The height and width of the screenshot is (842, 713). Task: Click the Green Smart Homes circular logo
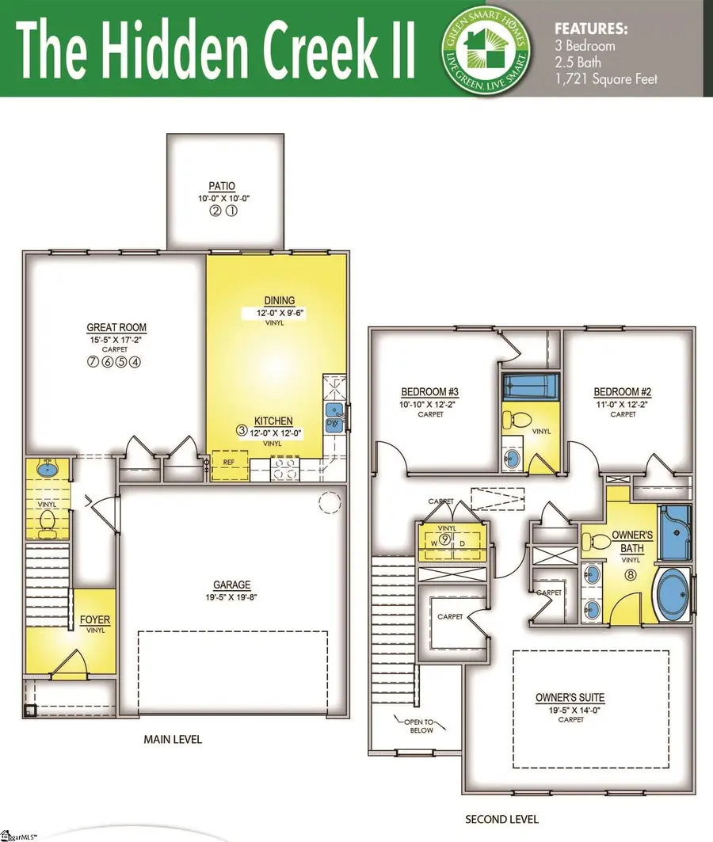pos(486,48)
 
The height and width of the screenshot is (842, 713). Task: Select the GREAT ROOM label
pos(116,327)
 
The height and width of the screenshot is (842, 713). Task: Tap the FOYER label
pos(94,619)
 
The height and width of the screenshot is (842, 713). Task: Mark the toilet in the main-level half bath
pos(48,520)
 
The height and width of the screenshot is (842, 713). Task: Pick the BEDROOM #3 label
pos(430,392)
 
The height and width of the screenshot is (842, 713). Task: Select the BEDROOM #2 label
pos(623,392)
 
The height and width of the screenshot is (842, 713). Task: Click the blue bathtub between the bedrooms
pos(531,387)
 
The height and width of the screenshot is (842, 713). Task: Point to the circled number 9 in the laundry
pos(447,539)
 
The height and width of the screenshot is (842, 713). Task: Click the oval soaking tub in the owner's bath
pos(673,592)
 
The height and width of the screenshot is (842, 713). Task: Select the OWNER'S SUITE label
pos(570,697)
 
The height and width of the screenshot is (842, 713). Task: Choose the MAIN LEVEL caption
pos(173,739)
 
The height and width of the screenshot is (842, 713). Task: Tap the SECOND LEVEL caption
pos(501,818)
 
